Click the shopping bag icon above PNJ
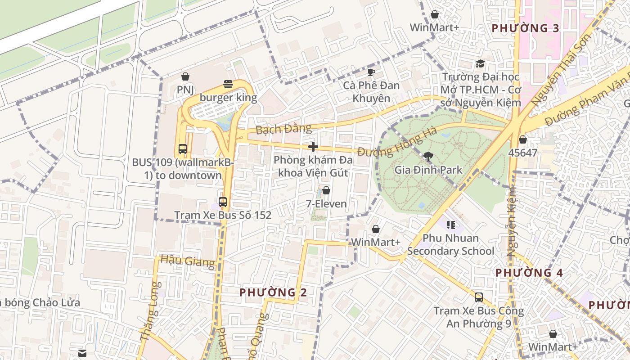pos(185,76)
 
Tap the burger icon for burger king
pos(228,84)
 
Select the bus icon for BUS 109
pos(182,149)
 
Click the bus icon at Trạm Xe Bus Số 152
pos(222,202)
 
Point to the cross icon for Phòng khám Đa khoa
pos(313,147)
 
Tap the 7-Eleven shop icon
pos(326,190)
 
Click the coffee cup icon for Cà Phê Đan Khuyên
pos(371,72)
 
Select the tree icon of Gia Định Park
pos(428,157)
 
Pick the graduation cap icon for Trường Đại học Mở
pos(480,63)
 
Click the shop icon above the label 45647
pos(522,139)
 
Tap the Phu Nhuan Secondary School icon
pos(450,224)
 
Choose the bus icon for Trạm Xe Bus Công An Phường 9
pos(478,297)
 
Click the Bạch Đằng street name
pos(283,129)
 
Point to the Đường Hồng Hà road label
pos(398,142)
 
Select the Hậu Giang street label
pos(188,261)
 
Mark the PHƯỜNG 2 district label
pos(273,292)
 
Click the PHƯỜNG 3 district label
pos(525,28)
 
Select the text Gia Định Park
pos(428,170)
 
